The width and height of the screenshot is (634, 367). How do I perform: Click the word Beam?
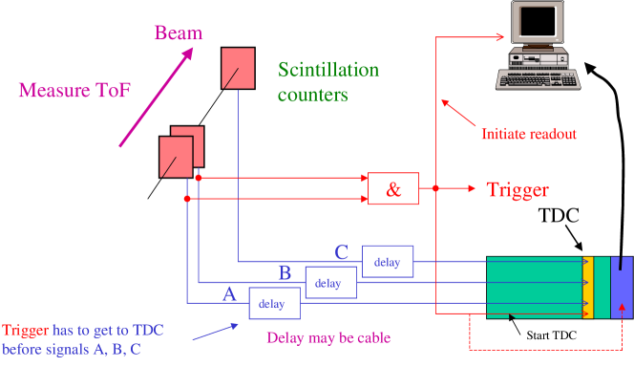179,33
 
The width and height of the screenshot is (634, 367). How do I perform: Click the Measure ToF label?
74,91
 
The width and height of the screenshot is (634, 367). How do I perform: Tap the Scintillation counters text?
328,82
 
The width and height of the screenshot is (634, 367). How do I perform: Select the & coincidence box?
393,189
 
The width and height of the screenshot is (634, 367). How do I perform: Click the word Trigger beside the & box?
518,189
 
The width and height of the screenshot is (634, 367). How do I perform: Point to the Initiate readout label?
528,134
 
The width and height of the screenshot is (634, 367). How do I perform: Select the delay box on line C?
387,262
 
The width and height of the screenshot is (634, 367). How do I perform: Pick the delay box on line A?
272,304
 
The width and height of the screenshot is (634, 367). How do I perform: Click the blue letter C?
341,252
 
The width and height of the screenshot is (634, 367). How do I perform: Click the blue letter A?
228,295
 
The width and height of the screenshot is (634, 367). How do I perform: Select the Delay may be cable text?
328,337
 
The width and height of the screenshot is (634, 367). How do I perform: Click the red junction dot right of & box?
435,189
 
